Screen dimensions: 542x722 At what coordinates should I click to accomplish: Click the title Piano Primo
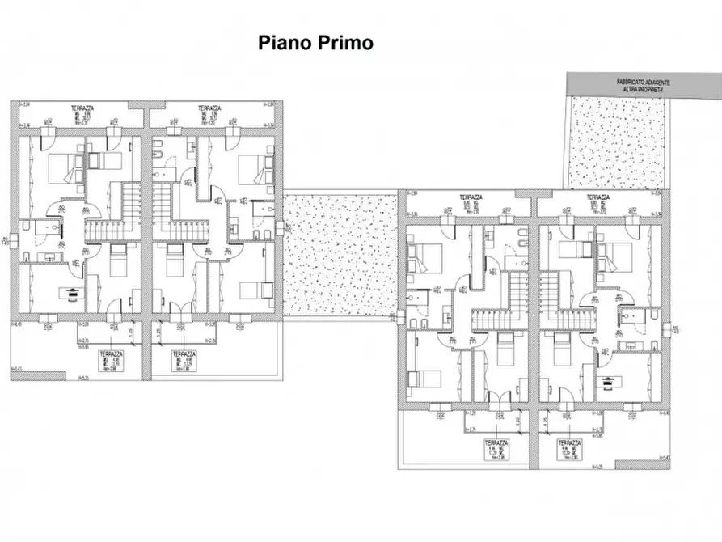[315, 43]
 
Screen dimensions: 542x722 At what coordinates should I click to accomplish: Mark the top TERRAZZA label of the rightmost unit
[597, 197]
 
